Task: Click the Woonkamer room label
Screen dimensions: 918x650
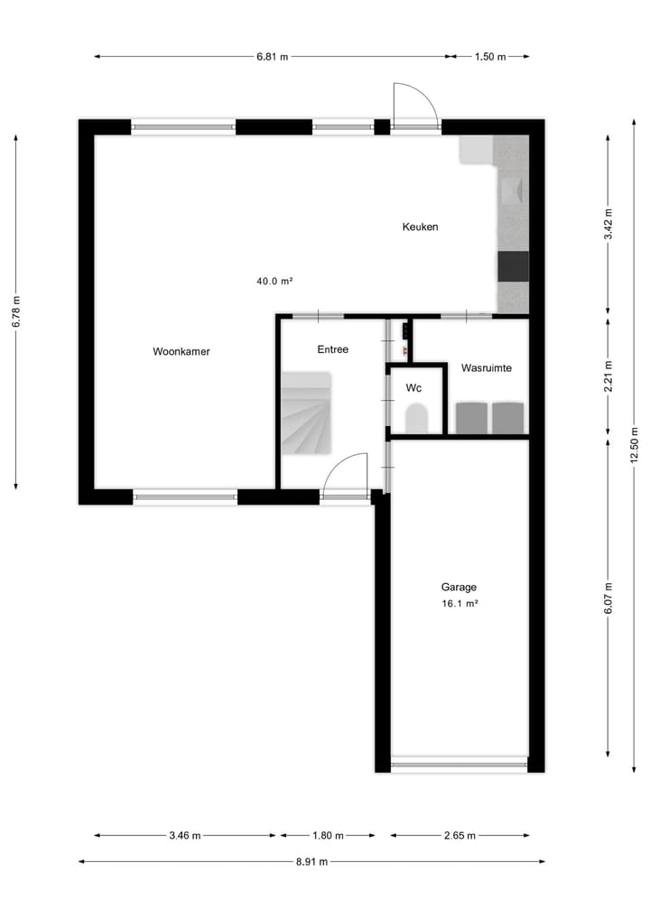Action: click(181, 351)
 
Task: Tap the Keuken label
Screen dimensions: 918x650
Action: click(420, 227)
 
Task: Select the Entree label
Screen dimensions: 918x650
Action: click(332, 349)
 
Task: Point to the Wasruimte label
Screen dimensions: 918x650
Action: click(487, 368)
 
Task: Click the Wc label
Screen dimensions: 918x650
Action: click(413, 388)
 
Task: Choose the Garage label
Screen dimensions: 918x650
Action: click(459, 586)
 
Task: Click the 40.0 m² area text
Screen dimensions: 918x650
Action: click(274, 281)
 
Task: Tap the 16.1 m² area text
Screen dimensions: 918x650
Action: click(459, 604)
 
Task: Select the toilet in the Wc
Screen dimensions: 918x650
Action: click(416, 419)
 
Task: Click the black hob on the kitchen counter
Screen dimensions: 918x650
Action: click(513, 266)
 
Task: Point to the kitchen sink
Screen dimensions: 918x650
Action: click(512, 190)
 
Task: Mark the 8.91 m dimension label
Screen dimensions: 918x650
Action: click(311, 861)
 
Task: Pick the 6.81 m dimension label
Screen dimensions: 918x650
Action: click(272, 56)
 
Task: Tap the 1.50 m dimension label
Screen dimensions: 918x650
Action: click(490, 56)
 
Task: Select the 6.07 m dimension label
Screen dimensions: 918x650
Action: click(608, 598)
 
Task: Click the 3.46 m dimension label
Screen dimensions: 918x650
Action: click(185, 835)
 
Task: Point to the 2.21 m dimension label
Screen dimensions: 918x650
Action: click(608, 375)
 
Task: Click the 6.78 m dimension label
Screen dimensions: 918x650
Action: click(16, 311)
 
